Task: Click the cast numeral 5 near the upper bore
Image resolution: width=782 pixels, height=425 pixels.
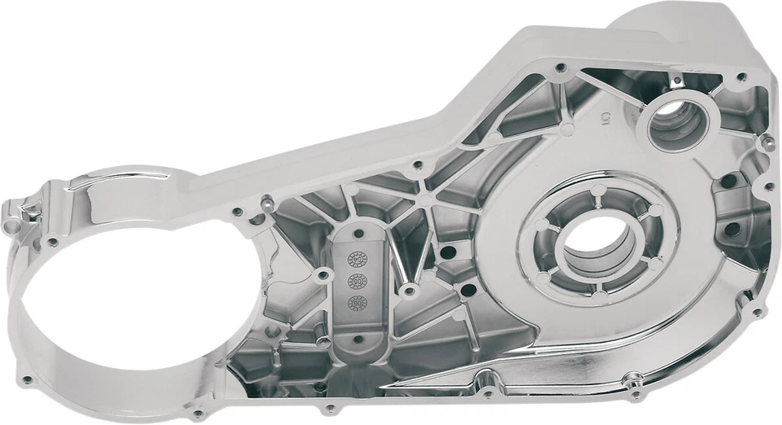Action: [x=604, y=119]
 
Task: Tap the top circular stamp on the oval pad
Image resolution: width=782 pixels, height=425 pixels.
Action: [x=358, y=259]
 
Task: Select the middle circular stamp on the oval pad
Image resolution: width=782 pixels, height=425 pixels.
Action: [x=357, y=281]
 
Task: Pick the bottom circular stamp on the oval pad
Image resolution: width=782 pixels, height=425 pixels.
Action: [x=356, y=303]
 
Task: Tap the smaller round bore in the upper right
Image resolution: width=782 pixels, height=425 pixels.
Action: [x=679, y=123]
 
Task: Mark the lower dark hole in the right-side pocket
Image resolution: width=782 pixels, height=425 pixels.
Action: [x=731, y=230]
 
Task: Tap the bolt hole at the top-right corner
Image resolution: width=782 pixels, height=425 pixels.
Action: [x=742, y=77]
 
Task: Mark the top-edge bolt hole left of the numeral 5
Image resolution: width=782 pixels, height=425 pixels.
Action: [x=560, y=68]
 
